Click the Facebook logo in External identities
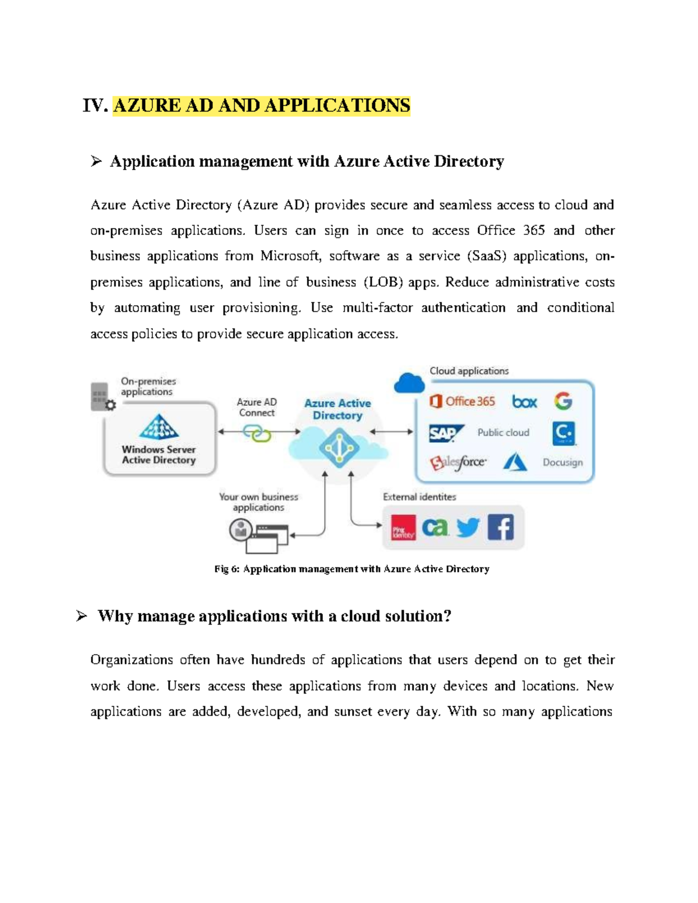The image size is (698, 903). coord(500,527)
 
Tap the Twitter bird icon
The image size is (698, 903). coord(468,527)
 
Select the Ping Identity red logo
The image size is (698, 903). coord(403,528)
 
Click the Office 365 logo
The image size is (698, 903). coord(462,401)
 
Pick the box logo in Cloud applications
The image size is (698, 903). coord(524,402)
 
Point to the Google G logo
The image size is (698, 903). coord(563,401)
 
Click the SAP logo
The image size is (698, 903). coord(444,433)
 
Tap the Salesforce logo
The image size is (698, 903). coord(458,463)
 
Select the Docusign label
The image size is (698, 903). coord(562,463)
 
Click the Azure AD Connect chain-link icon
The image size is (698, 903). coord(257,433)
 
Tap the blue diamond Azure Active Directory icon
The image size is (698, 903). coord(339,448)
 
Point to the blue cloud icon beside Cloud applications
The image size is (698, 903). coord(409,383)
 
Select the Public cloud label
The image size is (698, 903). coord(503,433)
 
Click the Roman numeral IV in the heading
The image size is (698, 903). coord(95,106)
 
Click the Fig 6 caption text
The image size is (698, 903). coord(351,569)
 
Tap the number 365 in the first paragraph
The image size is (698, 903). coord(533,231)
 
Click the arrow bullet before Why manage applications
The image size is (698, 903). coord(81,616)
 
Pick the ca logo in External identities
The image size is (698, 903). coord(435,527)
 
